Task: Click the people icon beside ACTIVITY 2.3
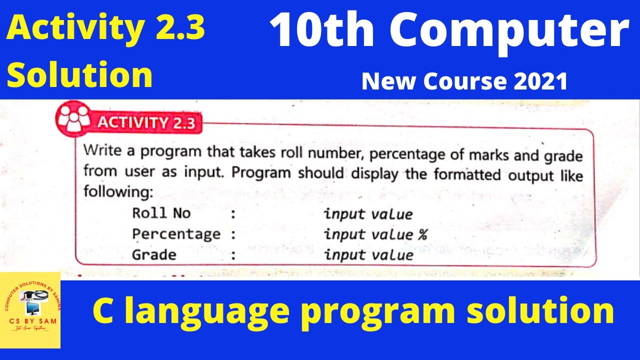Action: [74, 118]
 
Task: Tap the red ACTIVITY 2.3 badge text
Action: [147, 122]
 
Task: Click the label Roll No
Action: [161, 213]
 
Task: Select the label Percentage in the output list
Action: [176, 234]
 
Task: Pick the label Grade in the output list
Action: [154, 254]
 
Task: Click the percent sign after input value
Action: [422, 234]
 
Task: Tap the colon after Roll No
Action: [233, 214]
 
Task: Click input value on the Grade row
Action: [368, 255]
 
